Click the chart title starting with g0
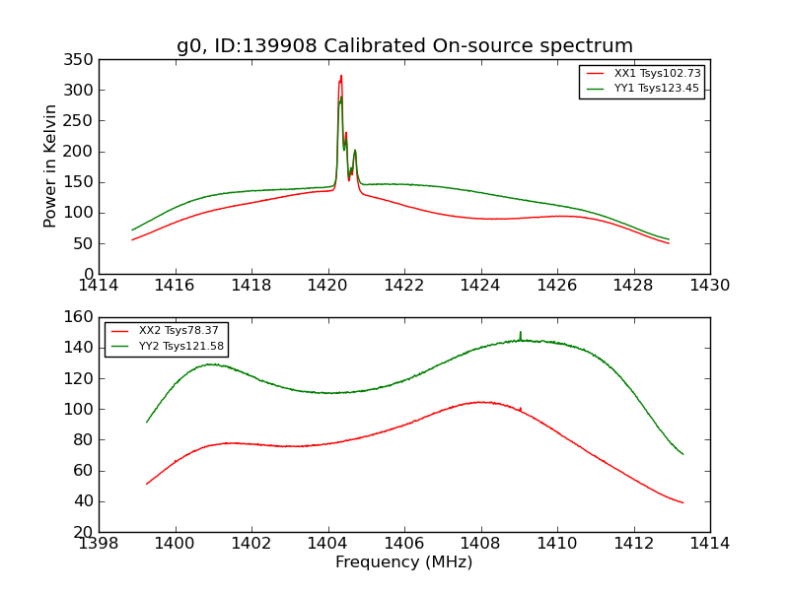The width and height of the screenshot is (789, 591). pos(404,45)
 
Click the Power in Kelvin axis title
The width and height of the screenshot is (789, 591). pos(50,166)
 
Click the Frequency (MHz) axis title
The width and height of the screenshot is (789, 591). pos(404,562)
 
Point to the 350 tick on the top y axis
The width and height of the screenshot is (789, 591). pos(81,59)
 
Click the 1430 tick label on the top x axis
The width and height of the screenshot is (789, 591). pos(709,285)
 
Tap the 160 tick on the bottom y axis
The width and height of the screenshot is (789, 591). pos(81,317)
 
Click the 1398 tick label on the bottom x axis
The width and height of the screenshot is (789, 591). pos(100,543)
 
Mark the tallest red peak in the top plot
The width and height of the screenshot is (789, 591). pos(341,76)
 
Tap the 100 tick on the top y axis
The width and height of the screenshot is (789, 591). pos(81,213)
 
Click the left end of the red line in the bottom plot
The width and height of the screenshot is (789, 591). pos(147,484)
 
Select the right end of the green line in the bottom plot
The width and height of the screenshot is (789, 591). pos(682,454)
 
